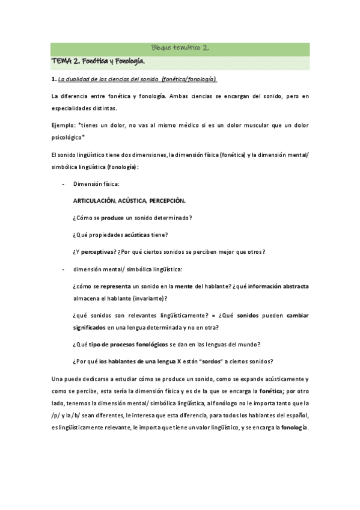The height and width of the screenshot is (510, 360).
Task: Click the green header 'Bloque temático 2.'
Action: tap(180, 49)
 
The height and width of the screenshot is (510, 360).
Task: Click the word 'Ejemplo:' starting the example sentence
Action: tap(63, 124)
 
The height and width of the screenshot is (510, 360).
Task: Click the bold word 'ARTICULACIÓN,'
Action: tap(94, 200)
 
